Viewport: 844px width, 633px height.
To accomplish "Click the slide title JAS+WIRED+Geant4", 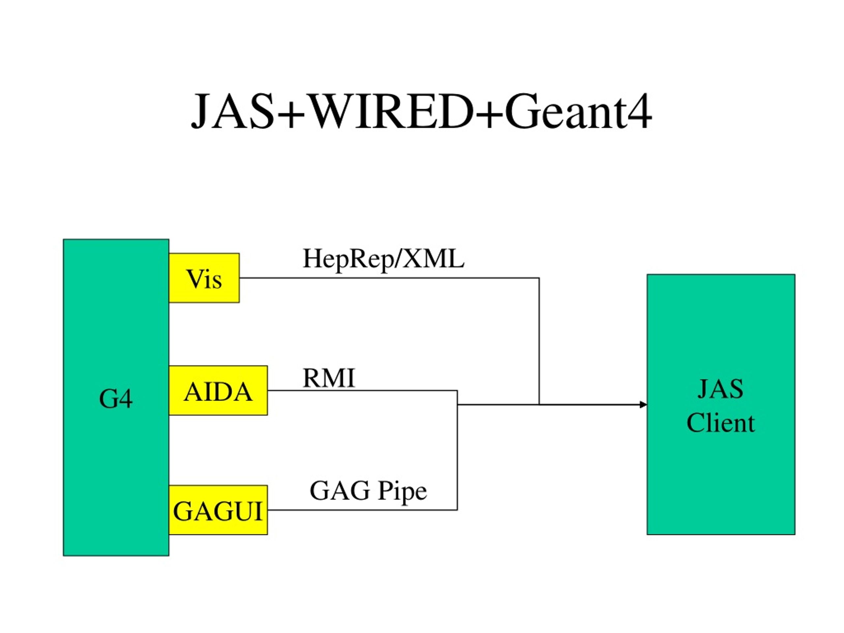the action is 421,111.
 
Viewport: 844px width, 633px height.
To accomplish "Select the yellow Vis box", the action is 204,278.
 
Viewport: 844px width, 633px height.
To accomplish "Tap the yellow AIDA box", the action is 218,390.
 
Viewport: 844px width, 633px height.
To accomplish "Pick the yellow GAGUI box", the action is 218,510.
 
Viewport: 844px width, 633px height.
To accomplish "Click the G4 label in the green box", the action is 116,399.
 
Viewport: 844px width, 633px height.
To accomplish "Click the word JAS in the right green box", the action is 720,389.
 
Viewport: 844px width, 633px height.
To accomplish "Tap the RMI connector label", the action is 329,378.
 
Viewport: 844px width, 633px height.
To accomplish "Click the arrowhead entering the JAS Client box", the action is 643,405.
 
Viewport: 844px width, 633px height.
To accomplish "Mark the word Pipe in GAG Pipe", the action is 403,492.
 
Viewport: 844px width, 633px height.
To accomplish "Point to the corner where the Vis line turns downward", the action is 539,278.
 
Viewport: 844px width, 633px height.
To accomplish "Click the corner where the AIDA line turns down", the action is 457,390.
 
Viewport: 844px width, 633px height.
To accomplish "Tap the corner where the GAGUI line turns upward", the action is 457,510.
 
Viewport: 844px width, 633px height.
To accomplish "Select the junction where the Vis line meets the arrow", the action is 539,405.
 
